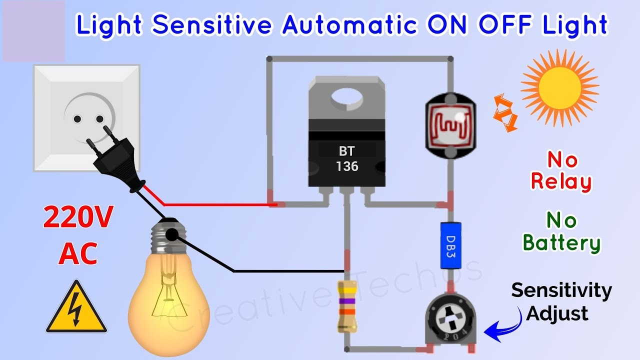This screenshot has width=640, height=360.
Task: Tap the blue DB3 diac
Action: point(450,245)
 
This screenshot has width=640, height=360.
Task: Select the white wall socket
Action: point(86,117)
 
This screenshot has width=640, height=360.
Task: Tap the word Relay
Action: point(561,182)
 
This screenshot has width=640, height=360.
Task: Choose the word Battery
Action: point(561,243)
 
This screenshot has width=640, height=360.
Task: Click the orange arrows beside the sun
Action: point(505,113)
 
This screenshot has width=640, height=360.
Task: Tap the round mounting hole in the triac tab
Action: point(347,97)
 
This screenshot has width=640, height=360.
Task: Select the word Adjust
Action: point(557,314)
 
